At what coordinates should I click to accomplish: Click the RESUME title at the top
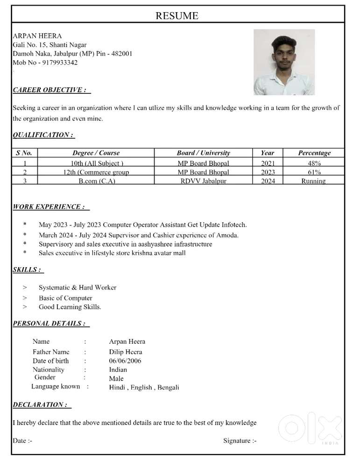176,16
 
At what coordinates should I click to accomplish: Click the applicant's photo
284,62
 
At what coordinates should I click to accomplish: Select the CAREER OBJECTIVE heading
49,90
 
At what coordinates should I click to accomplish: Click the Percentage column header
314,153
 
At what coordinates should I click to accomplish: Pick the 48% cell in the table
314,163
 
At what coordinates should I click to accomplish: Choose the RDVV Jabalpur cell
203,181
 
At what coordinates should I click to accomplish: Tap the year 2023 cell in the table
268,172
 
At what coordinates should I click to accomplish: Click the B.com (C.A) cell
96,181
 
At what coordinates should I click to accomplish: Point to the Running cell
313,181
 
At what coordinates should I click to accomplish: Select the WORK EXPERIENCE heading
49,206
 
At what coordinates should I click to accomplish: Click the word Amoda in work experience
228,235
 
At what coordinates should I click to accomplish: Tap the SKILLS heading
27,269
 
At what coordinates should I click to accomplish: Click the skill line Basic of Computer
65,298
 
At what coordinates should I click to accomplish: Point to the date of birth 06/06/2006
125,361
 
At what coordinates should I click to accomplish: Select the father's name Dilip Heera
126,352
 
